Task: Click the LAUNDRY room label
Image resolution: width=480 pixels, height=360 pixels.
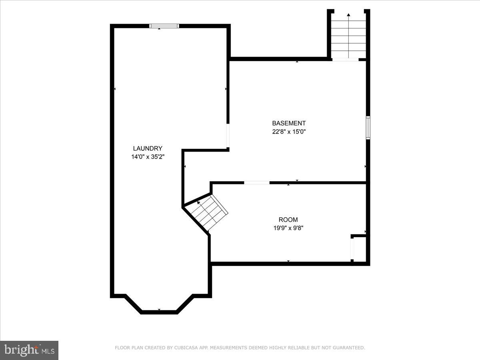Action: [148, 148]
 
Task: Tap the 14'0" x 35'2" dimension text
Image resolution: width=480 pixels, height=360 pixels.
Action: [148, 157]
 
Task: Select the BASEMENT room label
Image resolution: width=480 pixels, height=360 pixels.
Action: [289, 123]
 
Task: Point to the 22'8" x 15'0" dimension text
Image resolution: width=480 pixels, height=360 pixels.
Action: [289, 131]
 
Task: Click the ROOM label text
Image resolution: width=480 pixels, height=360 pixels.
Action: [288, 220]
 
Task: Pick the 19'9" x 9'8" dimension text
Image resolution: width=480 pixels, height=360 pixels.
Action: [288, 228]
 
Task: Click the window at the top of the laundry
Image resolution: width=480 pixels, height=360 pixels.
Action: [164, 26]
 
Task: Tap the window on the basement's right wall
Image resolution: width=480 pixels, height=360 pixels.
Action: [368, 128]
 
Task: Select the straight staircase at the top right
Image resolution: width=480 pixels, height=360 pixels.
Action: [348, 38]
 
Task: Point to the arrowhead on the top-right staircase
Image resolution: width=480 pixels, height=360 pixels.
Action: [348, 15]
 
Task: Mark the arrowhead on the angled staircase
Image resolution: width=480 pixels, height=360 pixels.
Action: [198, 203]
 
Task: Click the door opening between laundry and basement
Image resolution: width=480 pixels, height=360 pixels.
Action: [228, 136]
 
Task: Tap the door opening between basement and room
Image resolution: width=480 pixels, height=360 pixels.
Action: [257, 183]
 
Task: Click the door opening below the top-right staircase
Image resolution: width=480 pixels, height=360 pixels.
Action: [345, 60]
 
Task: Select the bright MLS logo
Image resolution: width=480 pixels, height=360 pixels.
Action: [29, 350]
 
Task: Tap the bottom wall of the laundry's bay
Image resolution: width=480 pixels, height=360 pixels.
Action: [159, 312]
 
